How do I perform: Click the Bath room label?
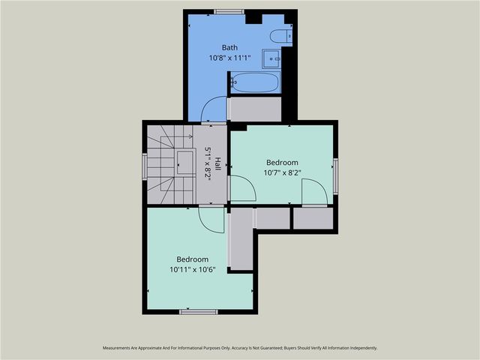click(x=229, y=48)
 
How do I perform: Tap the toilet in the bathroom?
click(x=283, y=35)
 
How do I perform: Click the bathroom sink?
click(x=271, y=57)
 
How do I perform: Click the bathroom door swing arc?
click(x=214, y=108)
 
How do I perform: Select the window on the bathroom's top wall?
click(x=229, y=11)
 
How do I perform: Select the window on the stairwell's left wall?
click(x=145, y=166)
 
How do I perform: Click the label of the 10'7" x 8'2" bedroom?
click(x=282, y=163)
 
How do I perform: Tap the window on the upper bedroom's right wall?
click(x=335, y=175)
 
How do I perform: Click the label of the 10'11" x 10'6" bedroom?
click(x=192, y=259)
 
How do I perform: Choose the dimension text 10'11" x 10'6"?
click(x=192, y=269)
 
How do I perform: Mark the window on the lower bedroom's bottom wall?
click(x=199, y=311)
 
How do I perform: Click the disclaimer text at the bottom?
click(x=240, y=348)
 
